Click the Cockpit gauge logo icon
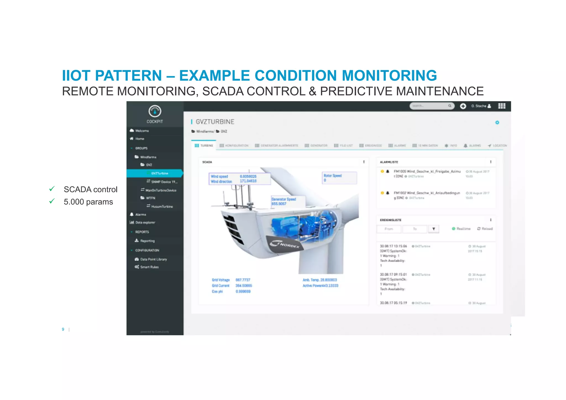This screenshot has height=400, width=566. tap(155, 111)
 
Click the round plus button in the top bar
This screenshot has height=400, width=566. tap(463, 106)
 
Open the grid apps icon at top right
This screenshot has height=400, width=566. tap(502, 106)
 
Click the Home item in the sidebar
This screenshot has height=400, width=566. tap(140, 139)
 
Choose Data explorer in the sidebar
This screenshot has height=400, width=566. tap(145, 223)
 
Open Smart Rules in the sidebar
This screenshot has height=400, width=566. tap(149, 267)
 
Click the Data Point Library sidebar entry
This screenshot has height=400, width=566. tap(153, 259)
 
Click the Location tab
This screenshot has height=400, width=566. tap(497, 145)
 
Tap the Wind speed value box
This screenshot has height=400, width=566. tap(239, 179)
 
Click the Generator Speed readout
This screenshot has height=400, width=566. tap(287, 201)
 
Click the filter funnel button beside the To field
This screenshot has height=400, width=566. tap(434, 229)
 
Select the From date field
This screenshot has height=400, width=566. tap(389, 229)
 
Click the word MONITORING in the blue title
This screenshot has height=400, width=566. tap(389, 75)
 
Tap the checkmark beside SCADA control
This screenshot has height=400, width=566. tap(52, 189)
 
